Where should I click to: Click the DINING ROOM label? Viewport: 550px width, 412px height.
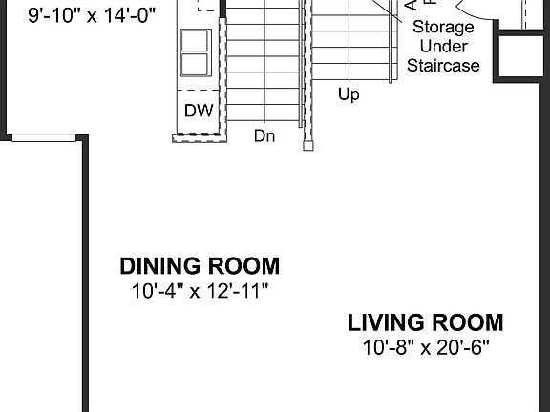click(x=200, y=266)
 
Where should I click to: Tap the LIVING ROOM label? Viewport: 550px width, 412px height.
click(x=425, y=322)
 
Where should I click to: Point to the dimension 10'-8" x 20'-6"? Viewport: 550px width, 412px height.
click(x=425, y=347)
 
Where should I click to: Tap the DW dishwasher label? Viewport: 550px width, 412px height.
click(x=198, y=111)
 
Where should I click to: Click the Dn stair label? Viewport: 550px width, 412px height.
click(x=264, y=135)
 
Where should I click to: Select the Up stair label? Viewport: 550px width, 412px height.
click(x=349, y=94)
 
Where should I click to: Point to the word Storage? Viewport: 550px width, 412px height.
click(x=442, y=27)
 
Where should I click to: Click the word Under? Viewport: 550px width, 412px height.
click(x=442, y=46)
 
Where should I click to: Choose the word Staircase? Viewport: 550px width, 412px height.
click(x=443, y=66)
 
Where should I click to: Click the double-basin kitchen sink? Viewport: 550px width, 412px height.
click(x=195, y=52)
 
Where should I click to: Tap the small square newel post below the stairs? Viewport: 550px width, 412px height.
click(x=308, y=146)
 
